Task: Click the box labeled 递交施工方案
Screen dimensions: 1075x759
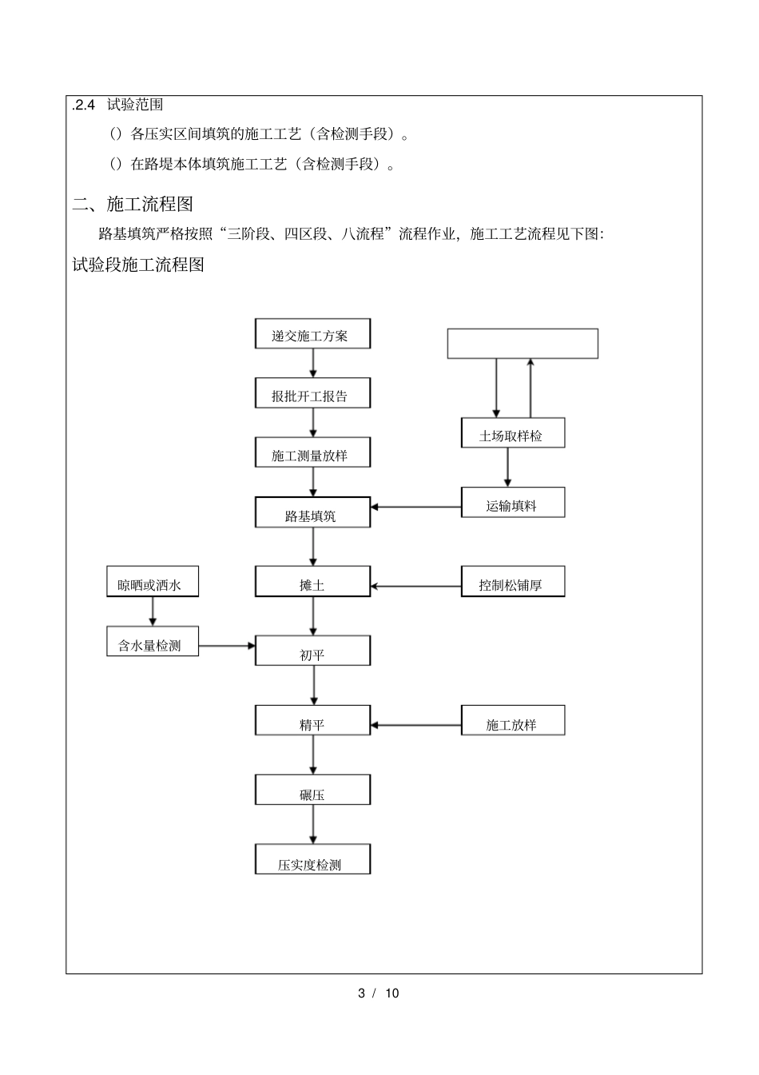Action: pos(312,334)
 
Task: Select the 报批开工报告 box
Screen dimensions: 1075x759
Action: pos(312,394)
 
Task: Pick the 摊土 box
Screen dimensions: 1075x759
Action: pos(312,582)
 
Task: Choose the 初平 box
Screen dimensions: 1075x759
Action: pos(312,651)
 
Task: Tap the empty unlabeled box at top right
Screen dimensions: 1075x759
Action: pos(522,344)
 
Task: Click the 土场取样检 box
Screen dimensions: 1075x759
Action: pos(512,433)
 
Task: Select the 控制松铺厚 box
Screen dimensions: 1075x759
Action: pos(512,582)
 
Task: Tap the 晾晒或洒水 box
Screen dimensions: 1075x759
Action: pos(153,582)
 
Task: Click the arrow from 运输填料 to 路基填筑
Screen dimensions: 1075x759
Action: pos(415,507)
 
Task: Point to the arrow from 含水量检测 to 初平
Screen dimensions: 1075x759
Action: pos(226,645)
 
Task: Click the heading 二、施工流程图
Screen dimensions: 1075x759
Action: pos(133,205)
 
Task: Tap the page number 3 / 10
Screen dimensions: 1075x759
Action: pos(378,993)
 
